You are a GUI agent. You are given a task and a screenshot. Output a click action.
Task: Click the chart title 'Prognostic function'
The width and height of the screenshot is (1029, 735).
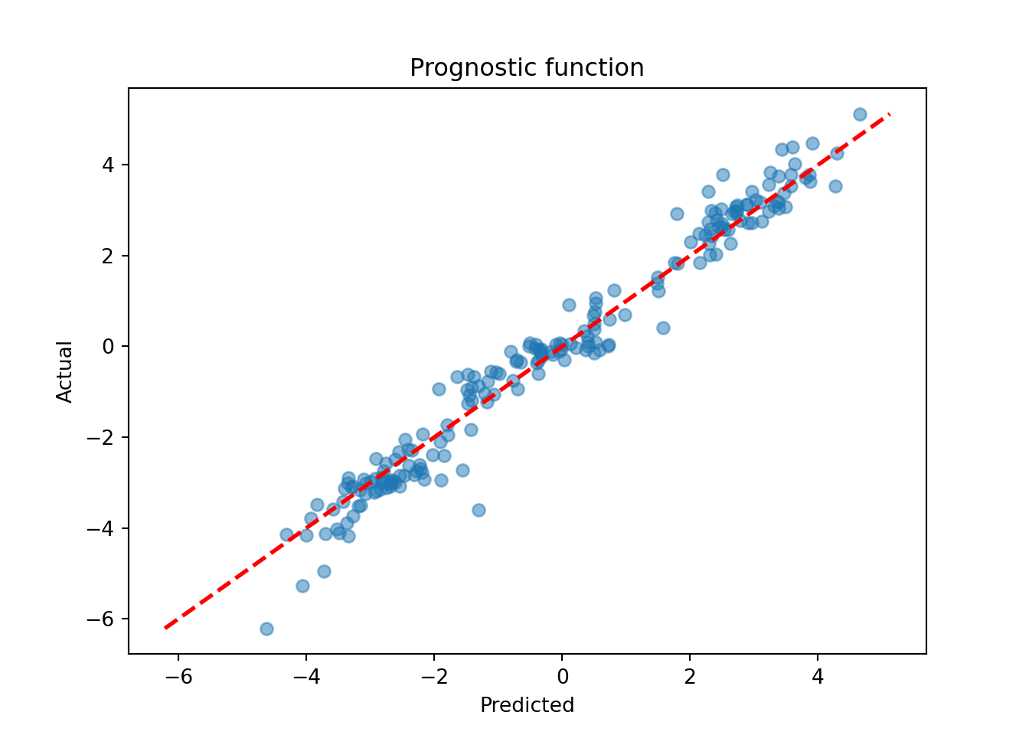pos(527,68)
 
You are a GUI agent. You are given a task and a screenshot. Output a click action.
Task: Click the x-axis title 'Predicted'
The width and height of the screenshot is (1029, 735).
pos(527,705)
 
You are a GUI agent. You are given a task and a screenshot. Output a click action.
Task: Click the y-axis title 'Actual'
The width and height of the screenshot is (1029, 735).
pos(65,371)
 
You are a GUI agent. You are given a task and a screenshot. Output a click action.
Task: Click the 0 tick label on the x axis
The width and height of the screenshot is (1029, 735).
pos(562,676)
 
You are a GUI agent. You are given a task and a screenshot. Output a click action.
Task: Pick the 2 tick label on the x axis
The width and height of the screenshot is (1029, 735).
pos(690,676)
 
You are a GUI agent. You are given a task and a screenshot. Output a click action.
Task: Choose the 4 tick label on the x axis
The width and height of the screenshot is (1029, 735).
pos(818,676)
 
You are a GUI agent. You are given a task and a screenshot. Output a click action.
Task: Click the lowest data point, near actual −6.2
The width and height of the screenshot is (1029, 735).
pos(266,629)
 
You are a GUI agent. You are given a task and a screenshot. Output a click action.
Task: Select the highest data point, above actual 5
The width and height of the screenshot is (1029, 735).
pos(860,114)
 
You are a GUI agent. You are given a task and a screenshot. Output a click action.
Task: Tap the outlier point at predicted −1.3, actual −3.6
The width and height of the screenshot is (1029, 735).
pos(479,510)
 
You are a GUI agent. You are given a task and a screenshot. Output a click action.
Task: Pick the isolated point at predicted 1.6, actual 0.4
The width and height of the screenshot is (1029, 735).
pos(663,328)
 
